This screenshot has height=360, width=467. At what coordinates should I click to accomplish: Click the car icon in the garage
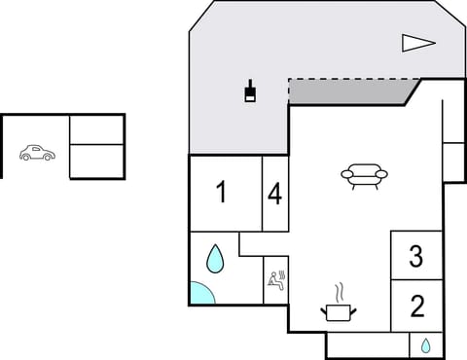coord(37,153)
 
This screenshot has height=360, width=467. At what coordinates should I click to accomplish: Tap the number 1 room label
coord(222,193)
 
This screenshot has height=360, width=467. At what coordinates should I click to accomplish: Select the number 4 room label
coord(275,195)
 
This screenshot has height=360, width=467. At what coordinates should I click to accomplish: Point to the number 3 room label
coord(416,257)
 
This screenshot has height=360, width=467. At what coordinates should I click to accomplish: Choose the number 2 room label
coord(417,306)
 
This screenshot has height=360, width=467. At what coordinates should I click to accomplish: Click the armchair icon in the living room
coord(364,175)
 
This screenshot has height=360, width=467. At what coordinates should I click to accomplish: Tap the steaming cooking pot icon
coord(339,310)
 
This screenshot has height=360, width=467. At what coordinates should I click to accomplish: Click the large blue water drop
coord(215,259)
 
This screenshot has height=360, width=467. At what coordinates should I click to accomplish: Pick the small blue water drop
coord(426,344)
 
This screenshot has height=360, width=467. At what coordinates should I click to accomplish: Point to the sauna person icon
coord(277,280)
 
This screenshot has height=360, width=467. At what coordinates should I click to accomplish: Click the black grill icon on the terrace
coord(251,91)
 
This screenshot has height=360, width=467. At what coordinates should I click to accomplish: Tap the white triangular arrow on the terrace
coord(417,42)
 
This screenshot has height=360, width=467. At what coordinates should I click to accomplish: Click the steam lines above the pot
coord(339,292)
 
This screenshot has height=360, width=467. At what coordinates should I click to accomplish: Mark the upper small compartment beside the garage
coord(97,129)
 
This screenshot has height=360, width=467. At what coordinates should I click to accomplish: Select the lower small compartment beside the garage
coord(97,162)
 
